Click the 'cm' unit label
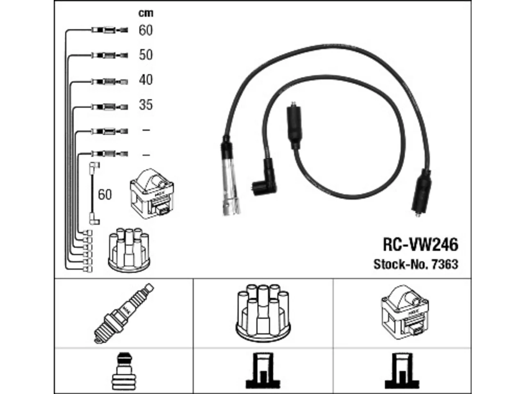pos(146,13)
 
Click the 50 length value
pos(146,55)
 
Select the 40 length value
pos(146,80)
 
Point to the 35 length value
pos(146,105)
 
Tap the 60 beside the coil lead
pos(105,195)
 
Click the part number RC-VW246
pos(420,245)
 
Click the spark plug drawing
pos(124,314)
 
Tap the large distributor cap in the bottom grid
pos(263,313)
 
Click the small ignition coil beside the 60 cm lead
pos(152,193)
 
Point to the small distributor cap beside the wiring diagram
pos(129,250)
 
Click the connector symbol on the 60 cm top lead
pos(110,30)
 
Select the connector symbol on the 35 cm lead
pos(110,107)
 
